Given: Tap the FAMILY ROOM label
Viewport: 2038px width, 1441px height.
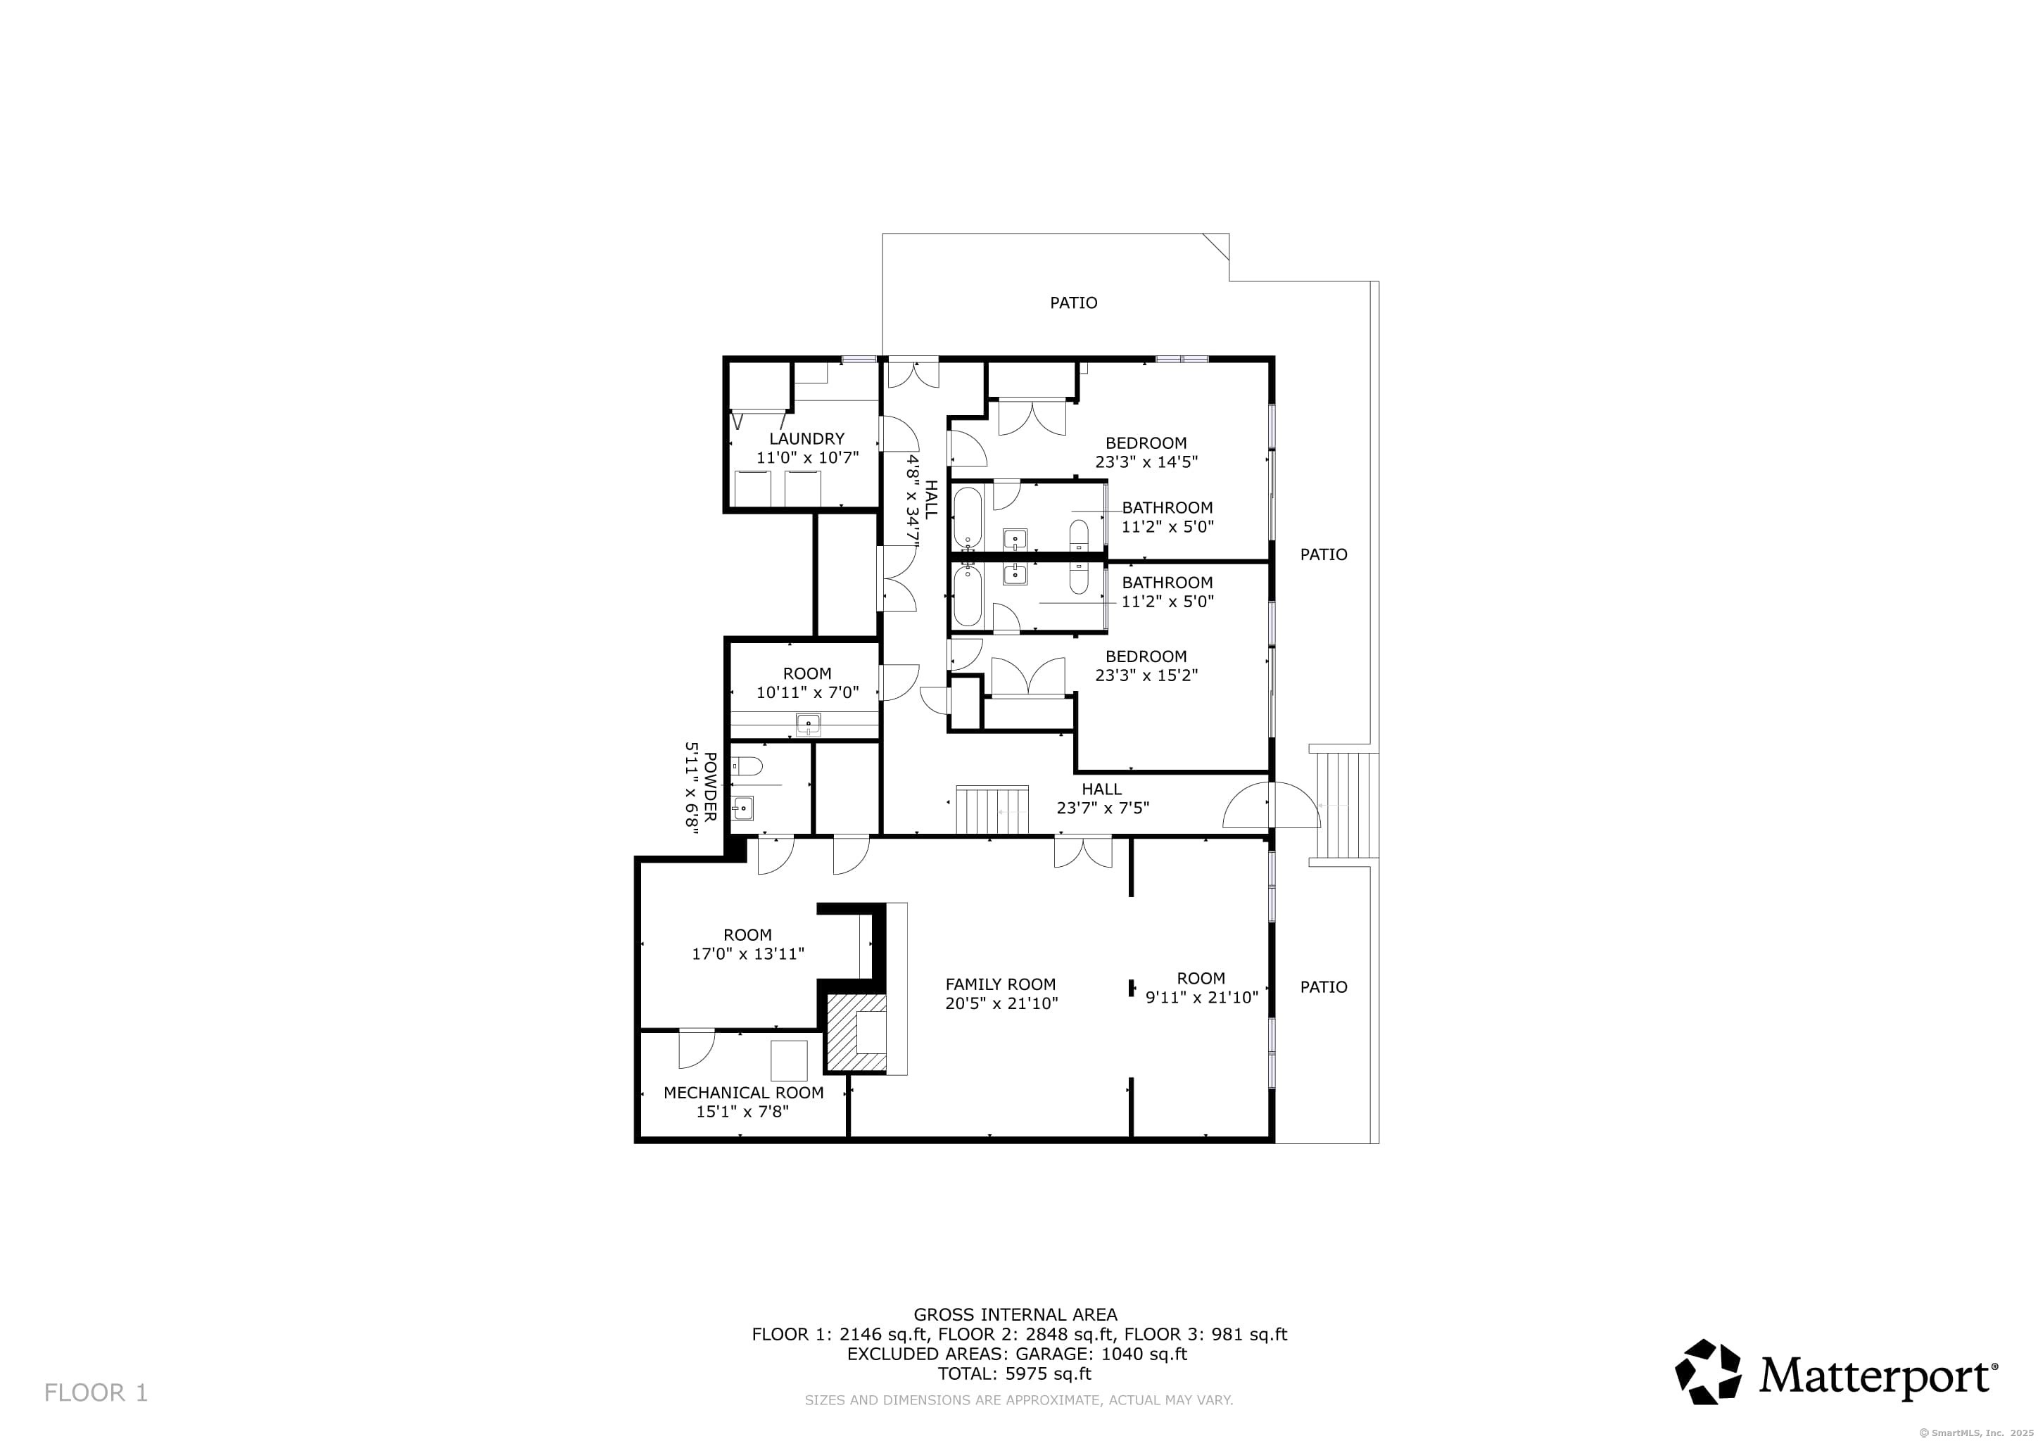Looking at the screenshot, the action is tap(1001, 984).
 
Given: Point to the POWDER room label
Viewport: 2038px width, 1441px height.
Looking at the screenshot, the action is tap(710, 787).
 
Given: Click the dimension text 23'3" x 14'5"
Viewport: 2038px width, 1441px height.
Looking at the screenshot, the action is tap(1146, 462).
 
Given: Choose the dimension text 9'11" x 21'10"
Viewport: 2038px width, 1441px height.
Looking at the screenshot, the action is tap(1202, 997).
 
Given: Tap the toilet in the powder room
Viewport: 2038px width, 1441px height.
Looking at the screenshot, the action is tap(746, 766).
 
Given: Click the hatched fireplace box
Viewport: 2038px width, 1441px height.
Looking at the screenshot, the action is tap(856, 1033).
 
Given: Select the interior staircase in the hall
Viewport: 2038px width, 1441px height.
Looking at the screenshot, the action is tap(992, 810).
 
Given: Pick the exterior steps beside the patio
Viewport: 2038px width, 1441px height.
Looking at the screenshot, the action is tap(1345, 805).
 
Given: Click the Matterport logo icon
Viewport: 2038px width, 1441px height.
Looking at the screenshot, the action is tap(1707, 1372).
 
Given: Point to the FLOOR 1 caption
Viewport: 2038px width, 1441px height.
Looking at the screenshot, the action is tap(96, 1393).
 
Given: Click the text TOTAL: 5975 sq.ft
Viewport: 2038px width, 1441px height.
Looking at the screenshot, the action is tap(1015, 1373).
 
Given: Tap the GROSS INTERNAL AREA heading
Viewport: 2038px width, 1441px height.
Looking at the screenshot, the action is tap(1015, 1315).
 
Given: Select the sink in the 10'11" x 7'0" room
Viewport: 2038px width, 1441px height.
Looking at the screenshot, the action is tap(808, 725).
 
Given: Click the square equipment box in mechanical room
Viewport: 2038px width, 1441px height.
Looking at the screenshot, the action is tap(788, 1061).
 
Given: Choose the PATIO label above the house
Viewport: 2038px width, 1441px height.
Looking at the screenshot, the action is tap(1073, 303).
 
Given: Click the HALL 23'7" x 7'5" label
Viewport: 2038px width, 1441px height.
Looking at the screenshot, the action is tap(1103, 799).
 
